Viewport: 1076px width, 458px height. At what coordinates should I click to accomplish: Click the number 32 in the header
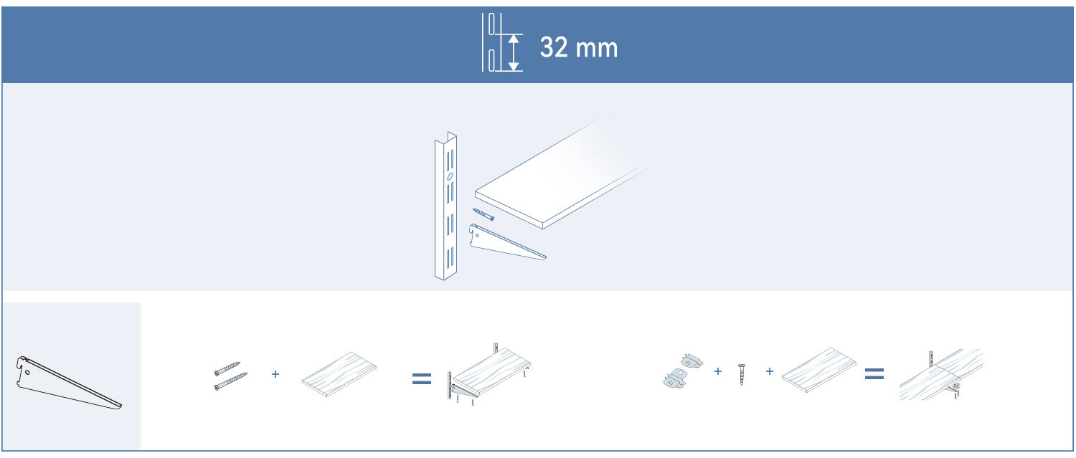coord(554,48)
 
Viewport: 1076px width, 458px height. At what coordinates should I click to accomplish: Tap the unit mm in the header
coord(596,49)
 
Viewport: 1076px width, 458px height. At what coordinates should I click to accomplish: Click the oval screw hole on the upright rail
coord(449,176)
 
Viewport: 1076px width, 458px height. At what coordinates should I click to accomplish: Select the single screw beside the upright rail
coord(483,214)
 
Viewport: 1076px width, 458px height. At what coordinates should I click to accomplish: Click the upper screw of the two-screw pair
coord(227,368)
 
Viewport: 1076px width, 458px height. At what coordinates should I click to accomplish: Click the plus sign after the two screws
coord(275,373)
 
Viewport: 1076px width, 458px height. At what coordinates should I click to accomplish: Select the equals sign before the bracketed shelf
coord(422,378)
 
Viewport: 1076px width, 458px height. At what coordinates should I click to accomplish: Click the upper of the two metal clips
coord(691,360)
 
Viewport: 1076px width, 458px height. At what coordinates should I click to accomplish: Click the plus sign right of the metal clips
coord(717,371)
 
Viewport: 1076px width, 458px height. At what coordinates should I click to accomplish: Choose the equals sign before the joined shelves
coord(873,373)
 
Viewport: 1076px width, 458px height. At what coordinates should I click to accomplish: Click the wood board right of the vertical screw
coord(818,370)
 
